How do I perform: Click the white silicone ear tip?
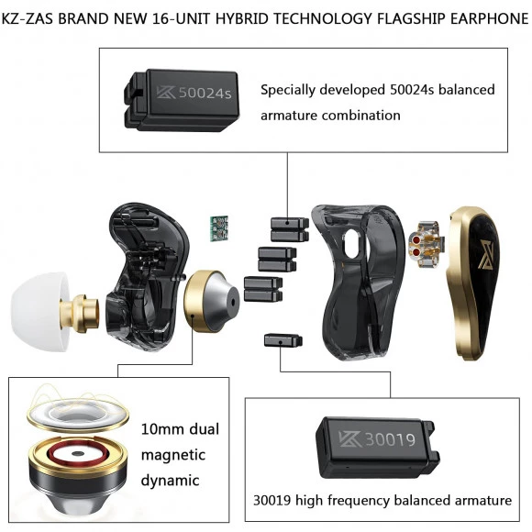point(39,311)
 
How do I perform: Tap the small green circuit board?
point(219,228)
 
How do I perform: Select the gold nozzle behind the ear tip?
point(80,314)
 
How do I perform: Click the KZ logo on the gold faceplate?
point(487,255)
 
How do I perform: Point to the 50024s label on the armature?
point(205,93)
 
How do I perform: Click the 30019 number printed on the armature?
point(390,439)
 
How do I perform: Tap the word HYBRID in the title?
point(242,18)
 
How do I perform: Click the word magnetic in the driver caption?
point(173,455)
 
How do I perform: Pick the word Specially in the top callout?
point(288,90)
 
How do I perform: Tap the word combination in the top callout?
point(361,116)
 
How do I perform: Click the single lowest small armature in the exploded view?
point(283,340)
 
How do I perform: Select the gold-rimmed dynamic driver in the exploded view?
point(211,302)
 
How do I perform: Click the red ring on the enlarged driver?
point(78,455)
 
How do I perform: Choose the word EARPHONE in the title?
point(489,18)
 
